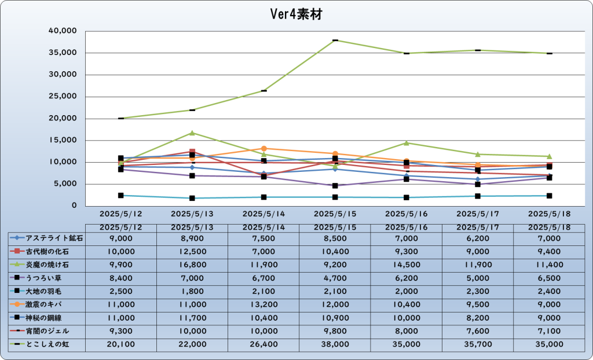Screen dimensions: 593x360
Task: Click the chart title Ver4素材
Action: (296, 14)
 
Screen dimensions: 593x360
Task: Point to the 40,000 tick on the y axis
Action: (63, 31)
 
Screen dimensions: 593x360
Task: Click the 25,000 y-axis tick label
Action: (63, 97)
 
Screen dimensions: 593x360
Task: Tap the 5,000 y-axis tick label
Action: (65, 184)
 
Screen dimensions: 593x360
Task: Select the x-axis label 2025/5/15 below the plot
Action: (335, 214)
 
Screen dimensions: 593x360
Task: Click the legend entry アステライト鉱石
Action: (54, 238)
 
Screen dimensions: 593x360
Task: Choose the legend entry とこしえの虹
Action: (47, 344)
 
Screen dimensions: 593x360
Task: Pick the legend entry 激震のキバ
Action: (44, 304)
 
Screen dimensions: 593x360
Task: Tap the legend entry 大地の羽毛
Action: (44, 291)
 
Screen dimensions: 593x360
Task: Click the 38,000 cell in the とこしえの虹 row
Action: (335, 344)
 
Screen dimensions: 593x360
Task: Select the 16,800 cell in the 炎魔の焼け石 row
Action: (192, 265)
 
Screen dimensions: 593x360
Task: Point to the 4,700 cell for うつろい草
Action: (335, 278)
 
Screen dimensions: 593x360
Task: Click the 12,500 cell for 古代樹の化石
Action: (192, 252)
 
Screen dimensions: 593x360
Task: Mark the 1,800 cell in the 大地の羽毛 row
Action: (192, 292)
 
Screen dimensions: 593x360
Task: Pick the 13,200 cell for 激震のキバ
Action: (263, 305)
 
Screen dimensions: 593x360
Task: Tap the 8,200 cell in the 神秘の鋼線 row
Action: (478, 318)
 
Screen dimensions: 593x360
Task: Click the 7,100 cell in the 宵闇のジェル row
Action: (549, 331)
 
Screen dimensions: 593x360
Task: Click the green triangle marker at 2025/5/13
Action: (192, 133)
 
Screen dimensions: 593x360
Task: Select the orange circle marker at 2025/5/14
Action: (263, 149)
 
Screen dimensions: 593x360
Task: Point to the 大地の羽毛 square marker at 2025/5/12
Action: (120, 196)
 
